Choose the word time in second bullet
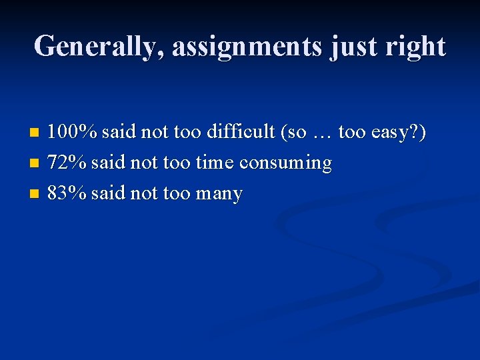pyautogui.click(x=215, y=163)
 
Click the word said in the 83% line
pyautogui.click(x=107, y=193)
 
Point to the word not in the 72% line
pyautogui.click(x=143, y=163)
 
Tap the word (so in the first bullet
pyautogui.click(x=293, y=132)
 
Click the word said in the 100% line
pyautogui.click(x=119, y=132)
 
